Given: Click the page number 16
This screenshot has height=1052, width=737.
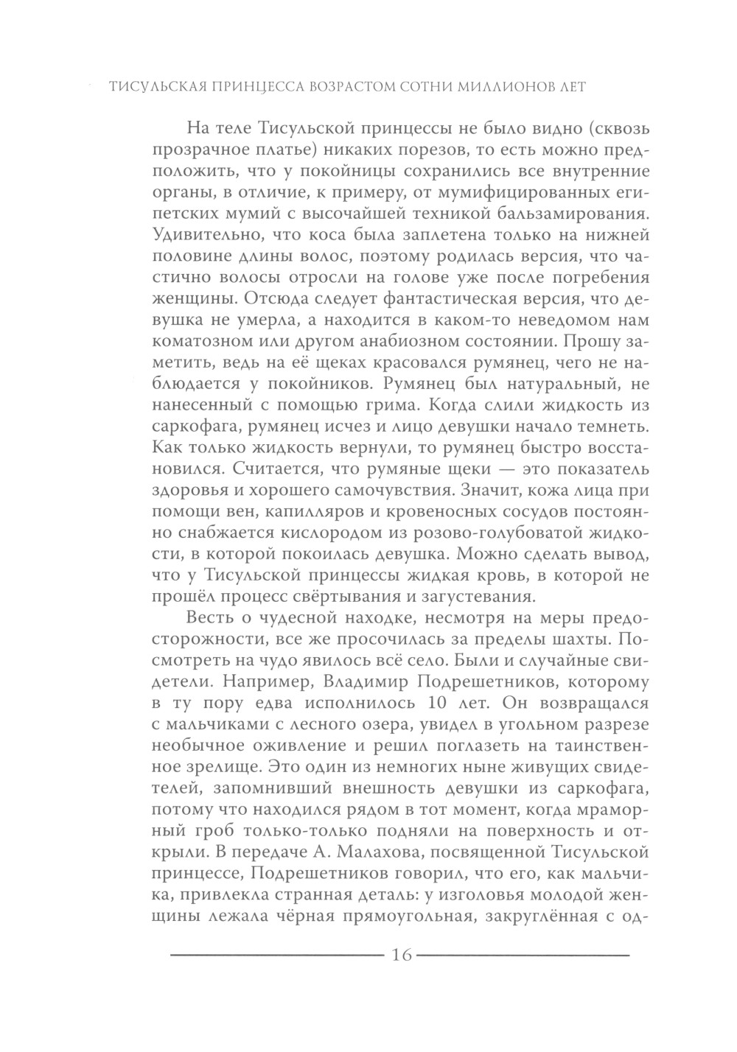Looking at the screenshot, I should click(x=401, y=955).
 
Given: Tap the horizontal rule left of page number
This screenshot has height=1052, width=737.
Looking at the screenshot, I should click(x=273, y=956).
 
